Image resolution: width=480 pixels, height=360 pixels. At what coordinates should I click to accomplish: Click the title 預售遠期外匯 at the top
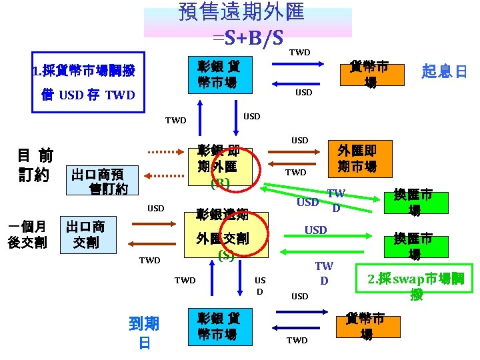pyautogui.click(x=241, y=11)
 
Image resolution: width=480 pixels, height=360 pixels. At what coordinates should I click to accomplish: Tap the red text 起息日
pyautogui.click(x=444, y=71)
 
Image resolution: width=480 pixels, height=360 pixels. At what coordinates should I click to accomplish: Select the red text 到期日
pyautogui.click(x=143, y=333)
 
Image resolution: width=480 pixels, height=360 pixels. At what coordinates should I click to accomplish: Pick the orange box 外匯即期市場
pyautogui.click(x=357, y=157)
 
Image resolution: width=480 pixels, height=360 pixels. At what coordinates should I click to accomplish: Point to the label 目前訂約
pyautogui.click(x=35, y=164)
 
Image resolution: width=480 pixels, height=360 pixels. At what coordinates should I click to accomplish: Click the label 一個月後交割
pyautogui.click(x=27, y=234)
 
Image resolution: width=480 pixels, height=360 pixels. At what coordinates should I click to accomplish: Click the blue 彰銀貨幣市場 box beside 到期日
pyautogui.click(x=220, y=327)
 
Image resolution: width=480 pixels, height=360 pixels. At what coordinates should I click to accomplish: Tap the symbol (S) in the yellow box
pyautogui.click(x=225, y=255)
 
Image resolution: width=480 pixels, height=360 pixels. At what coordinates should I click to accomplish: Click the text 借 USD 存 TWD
pyautogui.click(x=88, y=95)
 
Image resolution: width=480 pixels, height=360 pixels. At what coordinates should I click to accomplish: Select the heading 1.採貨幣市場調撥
pyautogui.click(x=83, y=71)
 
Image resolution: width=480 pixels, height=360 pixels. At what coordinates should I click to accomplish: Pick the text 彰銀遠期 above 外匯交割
pyautogui.click(x=223, y=215)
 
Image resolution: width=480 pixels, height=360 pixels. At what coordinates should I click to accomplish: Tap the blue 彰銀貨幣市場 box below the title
pyautogui.click(x=220, y=74)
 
